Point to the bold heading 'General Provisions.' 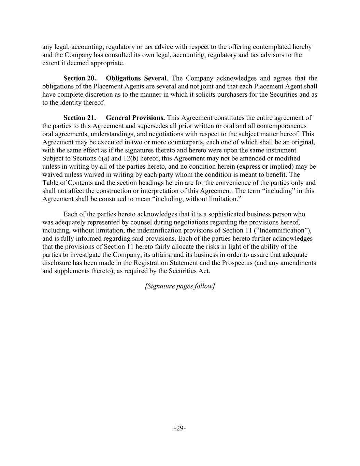point(135,118)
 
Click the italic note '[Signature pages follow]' point(180,286)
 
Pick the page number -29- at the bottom point(180,428)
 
